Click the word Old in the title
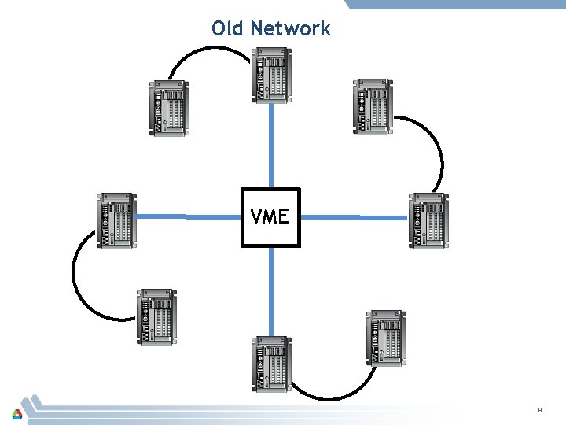(x=228, y=29)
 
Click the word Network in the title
(x=290, y=29)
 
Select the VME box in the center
(x=270, y=217)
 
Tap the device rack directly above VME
(x=272, y=75)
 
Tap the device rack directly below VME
(x=272, y=363)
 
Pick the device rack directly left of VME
(x=116, y=220)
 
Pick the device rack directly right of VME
(x=428, y=220)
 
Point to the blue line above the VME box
(x=271, y=146)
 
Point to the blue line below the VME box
(x=271, y=291)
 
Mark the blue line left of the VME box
(x=187, y=216)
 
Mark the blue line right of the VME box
(x=354, y=216)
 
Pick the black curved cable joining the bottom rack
(x=330, y=394)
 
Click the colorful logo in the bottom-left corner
(x=17, y=412)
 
